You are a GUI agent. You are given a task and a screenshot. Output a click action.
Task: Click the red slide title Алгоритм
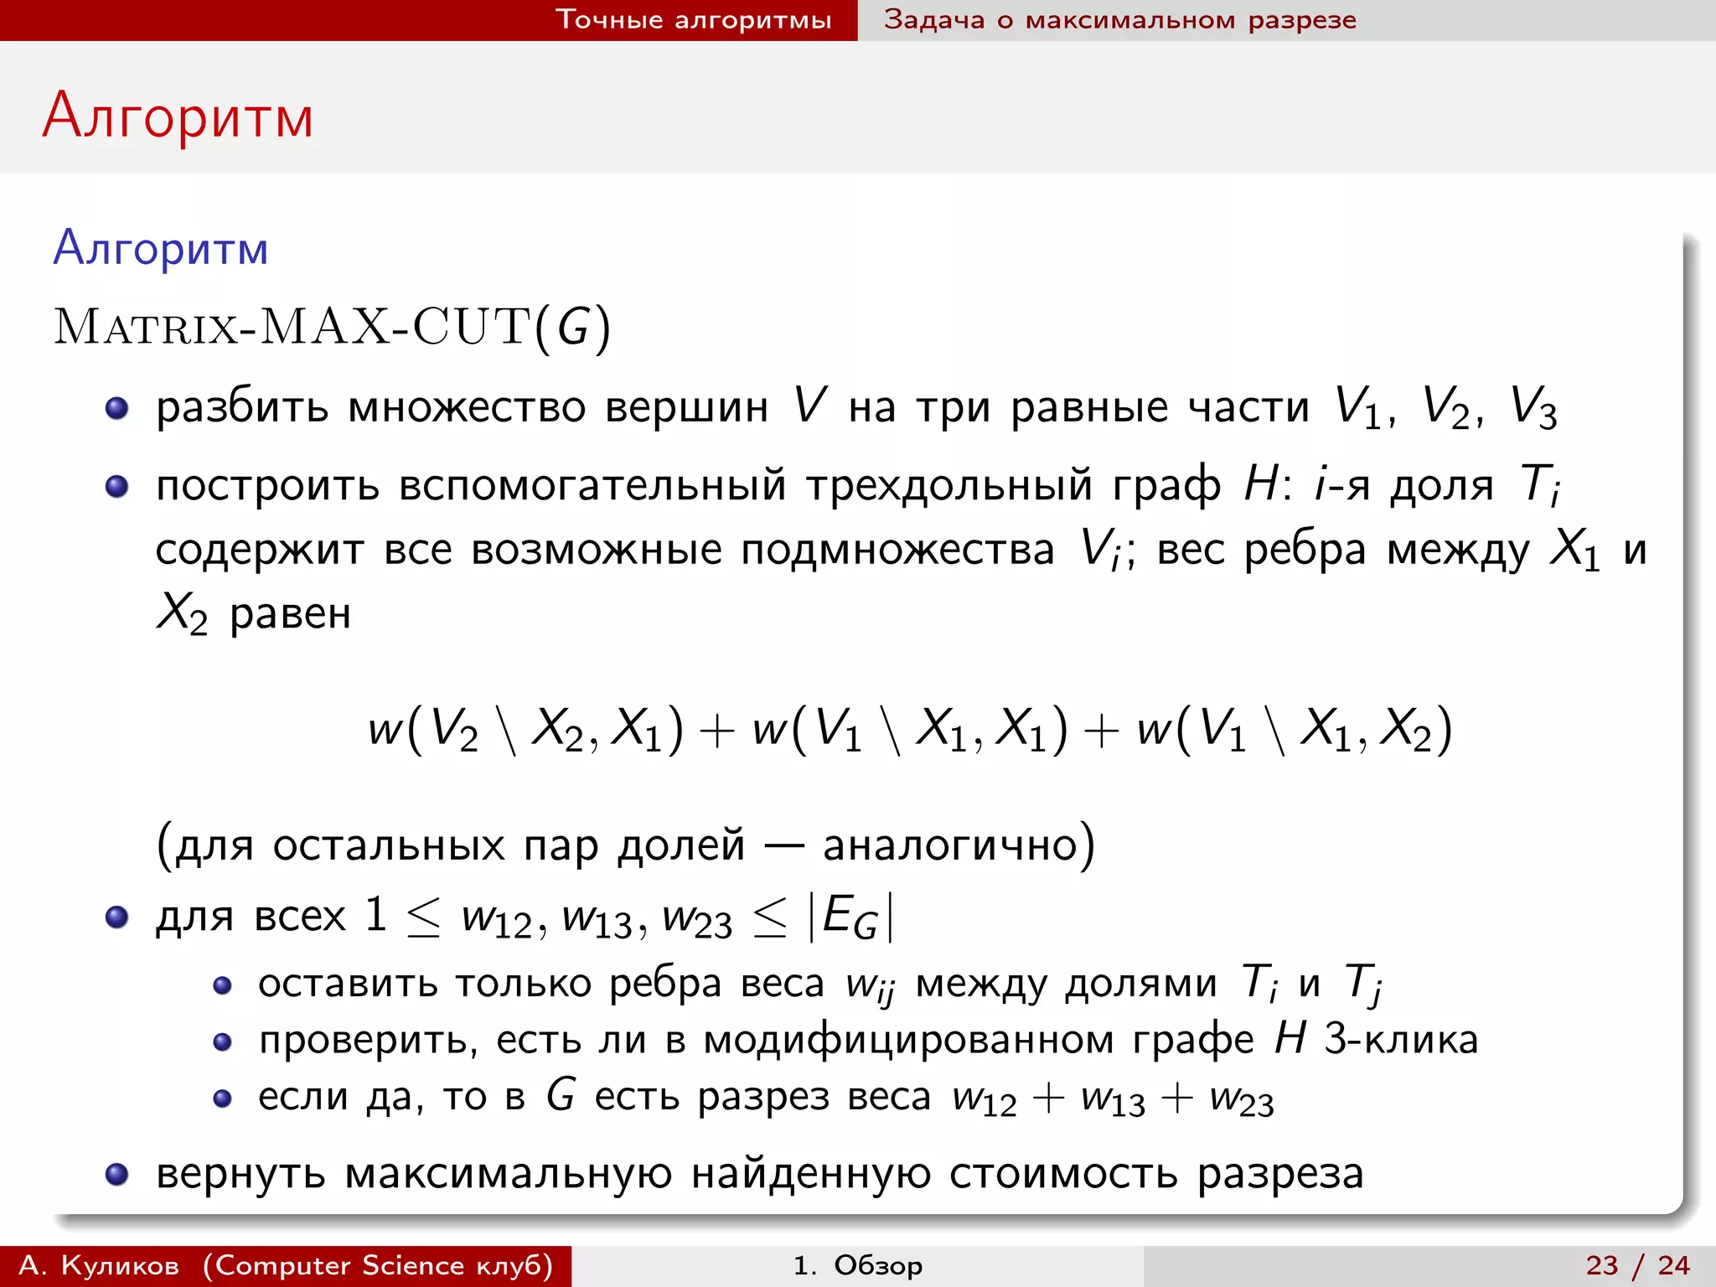pos(178,116)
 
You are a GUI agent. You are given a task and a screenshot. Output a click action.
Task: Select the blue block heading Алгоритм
pos(161,249)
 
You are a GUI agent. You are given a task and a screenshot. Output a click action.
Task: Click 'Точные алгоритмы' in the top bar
pos(694,19)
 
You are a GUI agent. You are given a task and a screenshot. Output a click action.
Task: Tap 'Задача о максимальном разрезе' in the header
pos(1119,19)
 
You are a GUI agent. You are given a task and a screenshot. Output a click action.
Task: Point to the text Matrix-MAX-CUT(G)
pos(333,327)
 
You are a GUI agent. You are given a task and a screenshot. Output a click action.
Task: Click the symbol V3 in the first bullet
pos(1533,409)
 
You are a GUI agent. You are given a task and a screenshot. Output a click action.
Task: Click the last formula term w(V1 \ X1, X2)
pos(1294,728)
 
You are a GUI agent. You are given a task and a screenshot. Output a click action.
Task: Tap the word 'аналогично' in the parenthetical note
pos(950,844)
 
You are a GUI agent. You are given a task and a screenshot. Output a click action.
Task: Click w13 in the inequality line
pos(597,919)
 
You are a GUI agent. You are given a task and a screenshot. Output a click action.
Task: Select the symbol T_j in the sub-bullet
pos(1363,983)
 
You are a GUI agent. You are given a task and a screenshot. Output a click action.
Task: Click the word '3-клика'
pos(1401,1040)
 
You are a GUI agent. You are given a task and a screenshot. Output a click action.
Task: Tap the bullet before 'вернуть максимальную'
pos(116,1175)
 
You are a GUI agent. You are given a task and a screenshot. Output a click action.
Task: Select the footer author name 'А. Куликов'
pos(99,1265)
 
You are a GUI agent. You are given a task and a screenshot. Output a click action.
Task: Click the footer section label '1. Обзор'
pos(857,1265)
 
